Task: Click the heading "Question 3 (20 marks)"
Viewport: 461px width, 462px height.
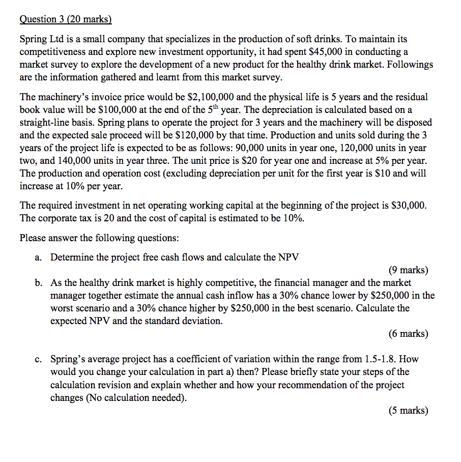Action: (65, 19)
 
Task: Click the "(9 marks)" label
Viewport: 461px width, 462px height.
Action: (408, 270)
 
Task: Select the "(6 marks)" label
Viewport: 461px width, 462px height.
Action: (408, 334)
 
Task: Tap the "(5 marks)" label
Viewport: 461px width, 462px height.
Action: (408, 411)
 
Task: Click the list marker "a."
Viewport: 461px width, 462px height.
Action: (39, 257)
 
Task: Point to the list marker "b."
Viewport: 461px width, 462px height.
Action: (39, 282)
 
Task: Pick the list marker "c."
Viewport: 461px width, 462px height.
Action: (39, 359)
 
